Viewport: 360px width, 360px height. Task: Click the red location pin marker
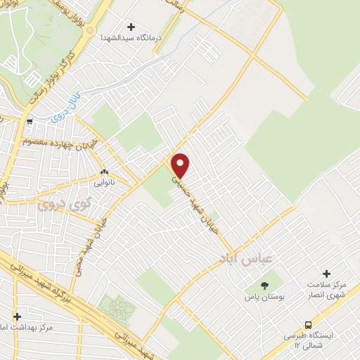click(181, 165)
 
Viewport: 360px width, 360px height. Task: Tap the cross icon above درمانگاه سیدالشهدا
click(131, 26)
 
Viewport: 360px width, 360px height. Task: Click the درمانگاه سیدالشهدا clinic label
click(131, 37)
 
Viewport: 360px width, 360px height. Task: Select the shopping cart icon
click(30, 122)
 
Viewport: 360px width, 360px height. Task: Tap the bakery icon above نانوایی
click(104, 171)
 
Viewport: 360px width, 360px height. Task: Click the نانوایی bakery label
click(104, 181)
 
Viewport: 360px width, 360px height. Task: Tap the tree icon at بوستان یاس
click(264, 285)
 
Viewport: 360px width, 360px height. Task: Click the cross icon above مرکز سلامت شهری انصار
click(326, 273)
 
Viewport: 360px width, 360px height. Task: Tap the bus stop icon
click(308, 324)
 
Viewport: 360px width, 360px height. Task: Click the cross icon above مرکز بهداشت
click(18, 316)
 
